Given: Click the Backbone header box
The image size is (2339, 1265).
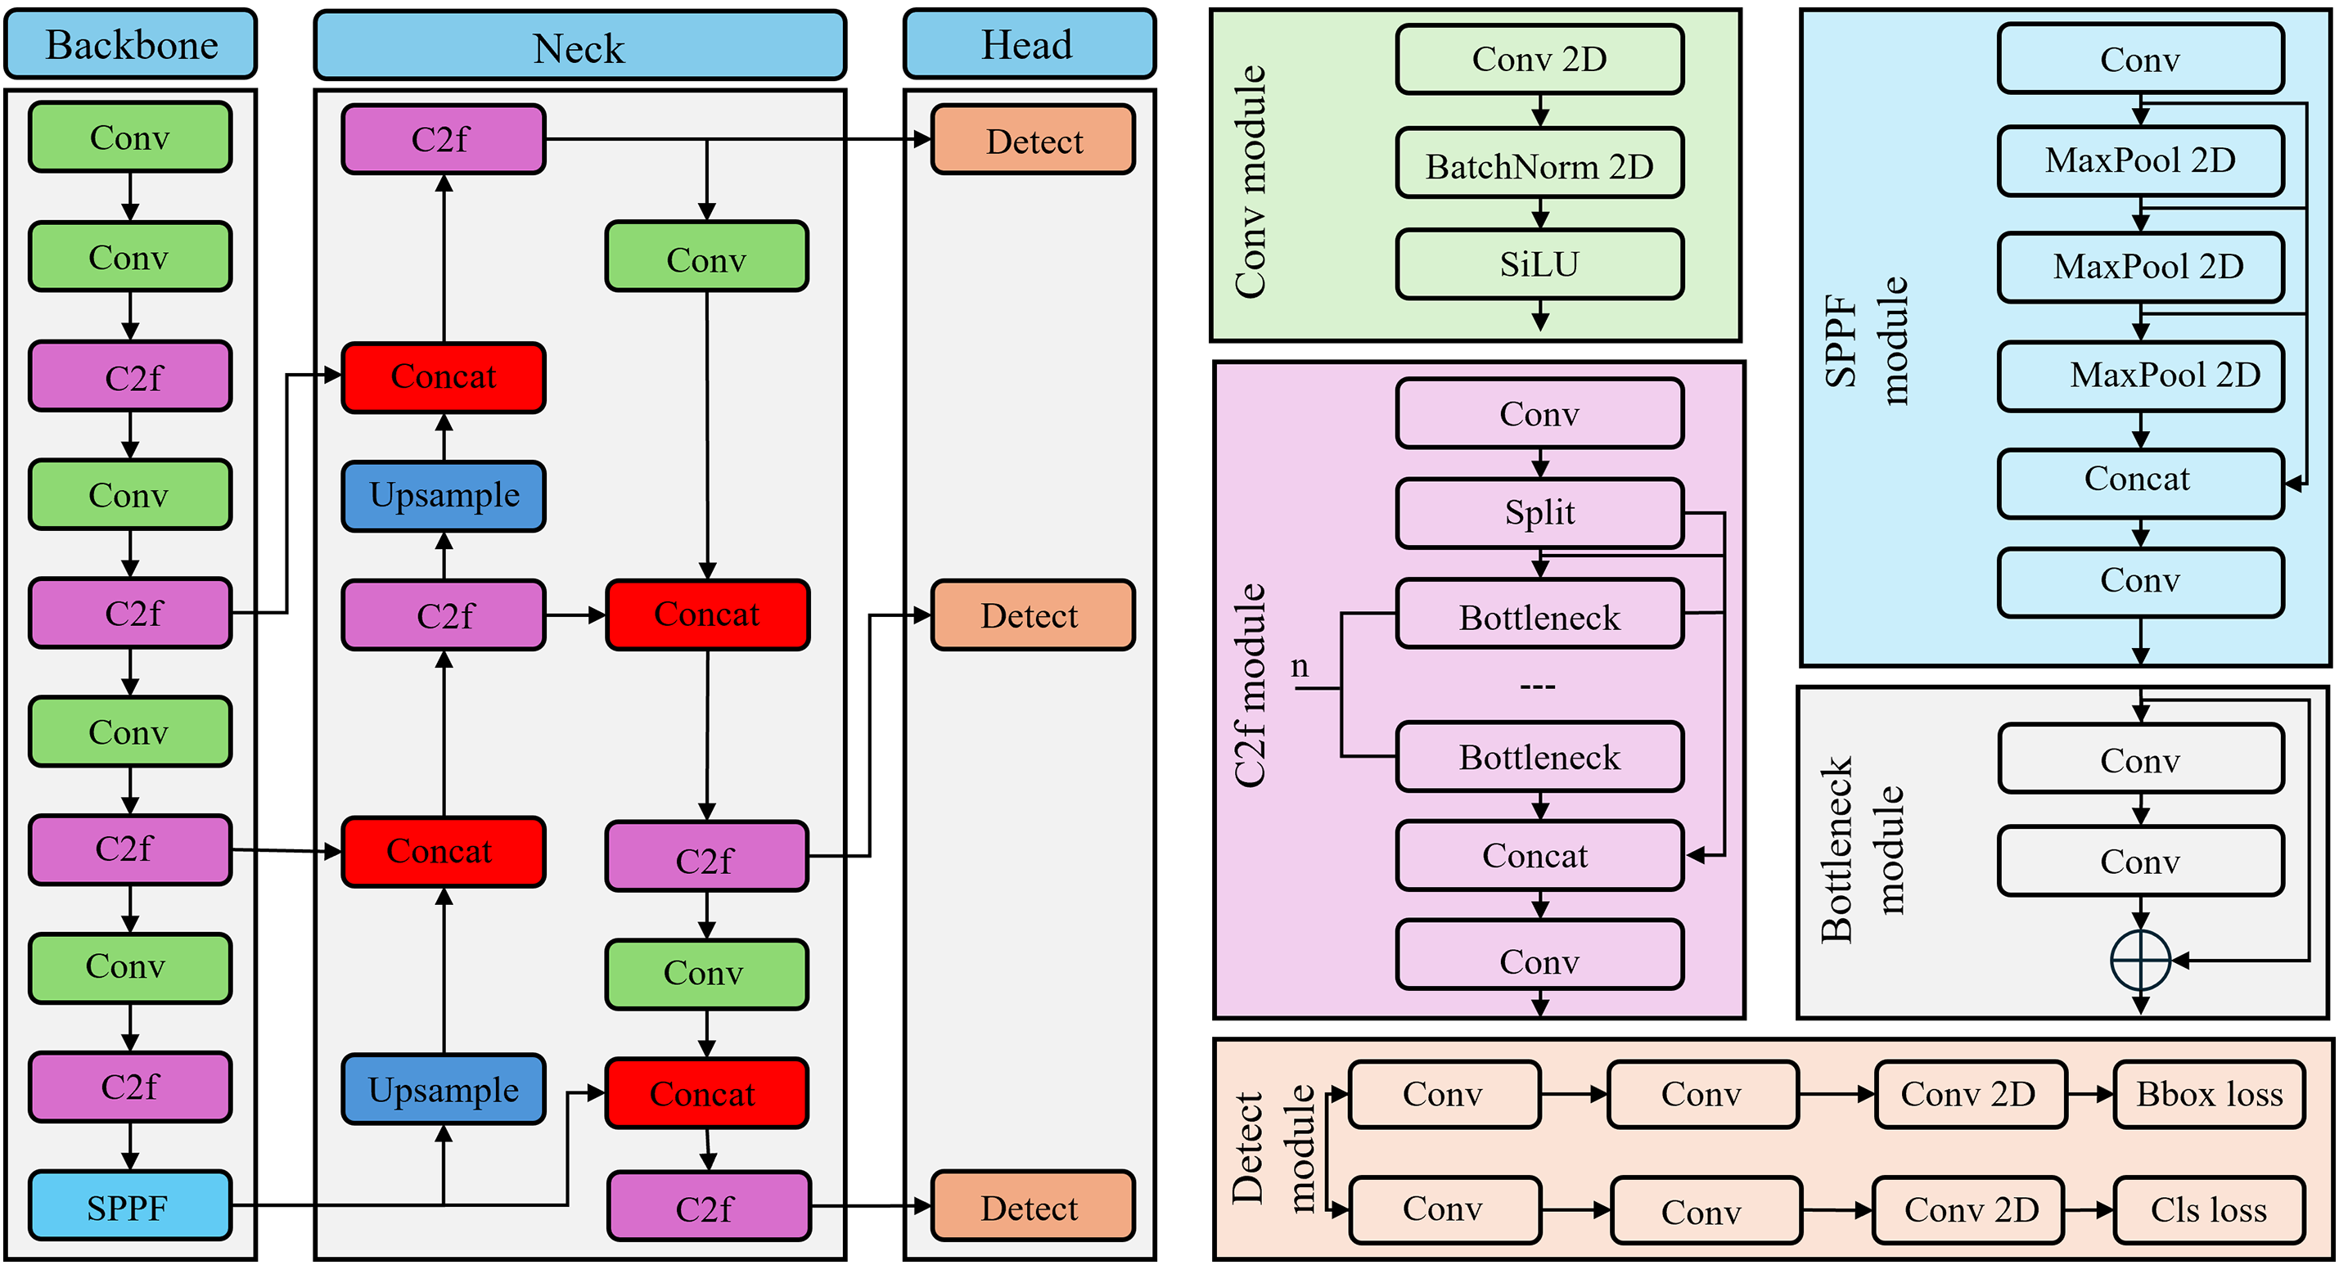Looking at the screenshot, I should [131, 44].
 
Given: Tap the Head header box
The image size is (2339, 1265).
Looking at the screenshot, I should [1029, 44].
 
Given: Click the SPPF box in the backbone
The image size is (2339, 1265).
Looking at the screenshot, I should [130, 1206].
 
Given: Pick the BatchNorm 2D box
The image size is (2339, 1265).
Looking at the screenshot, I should [1539, 164].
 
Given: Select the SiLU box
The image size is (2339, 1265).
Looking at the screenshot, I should [1539, 264].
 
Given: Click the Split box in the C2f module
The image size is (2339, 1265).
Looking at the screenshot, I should [1539, 513].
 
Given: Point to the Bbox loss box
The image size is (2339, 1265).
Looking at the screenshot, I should [2208, 1094].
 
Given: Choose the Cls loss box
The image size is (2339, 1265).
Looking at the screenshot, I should [2208, 1209].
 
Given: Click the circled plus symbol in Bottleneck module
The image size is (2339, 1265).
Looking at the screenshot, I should [2140, 960].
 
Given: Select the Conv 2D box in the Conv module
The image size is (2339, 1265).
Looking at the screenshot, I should [1539, 59].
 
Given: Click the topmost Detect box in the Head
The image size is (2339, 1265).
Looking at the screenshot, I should [1034, 140].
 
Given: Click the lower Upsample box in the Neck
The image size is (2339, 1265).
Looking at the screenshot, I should [443, 1090].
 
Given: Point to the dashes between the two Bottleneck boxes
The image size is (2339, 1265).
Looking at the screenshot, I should [1537, 686].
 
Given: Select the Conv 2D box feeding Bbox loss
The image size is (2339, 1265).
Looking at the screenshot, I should [1969, 1094].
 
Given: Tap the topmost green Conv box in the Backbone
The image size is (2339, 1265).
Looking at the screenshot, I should [130, 138].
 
